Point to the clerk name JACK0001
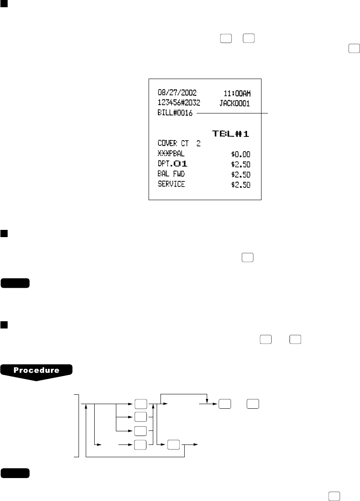(235, 102)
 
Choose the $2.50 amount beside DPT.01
(240, 164)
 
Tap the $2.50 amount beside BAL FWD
(240, 175)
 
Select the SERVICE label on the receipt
(171, 184)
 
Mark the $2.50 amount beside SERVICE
(240, 185)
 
